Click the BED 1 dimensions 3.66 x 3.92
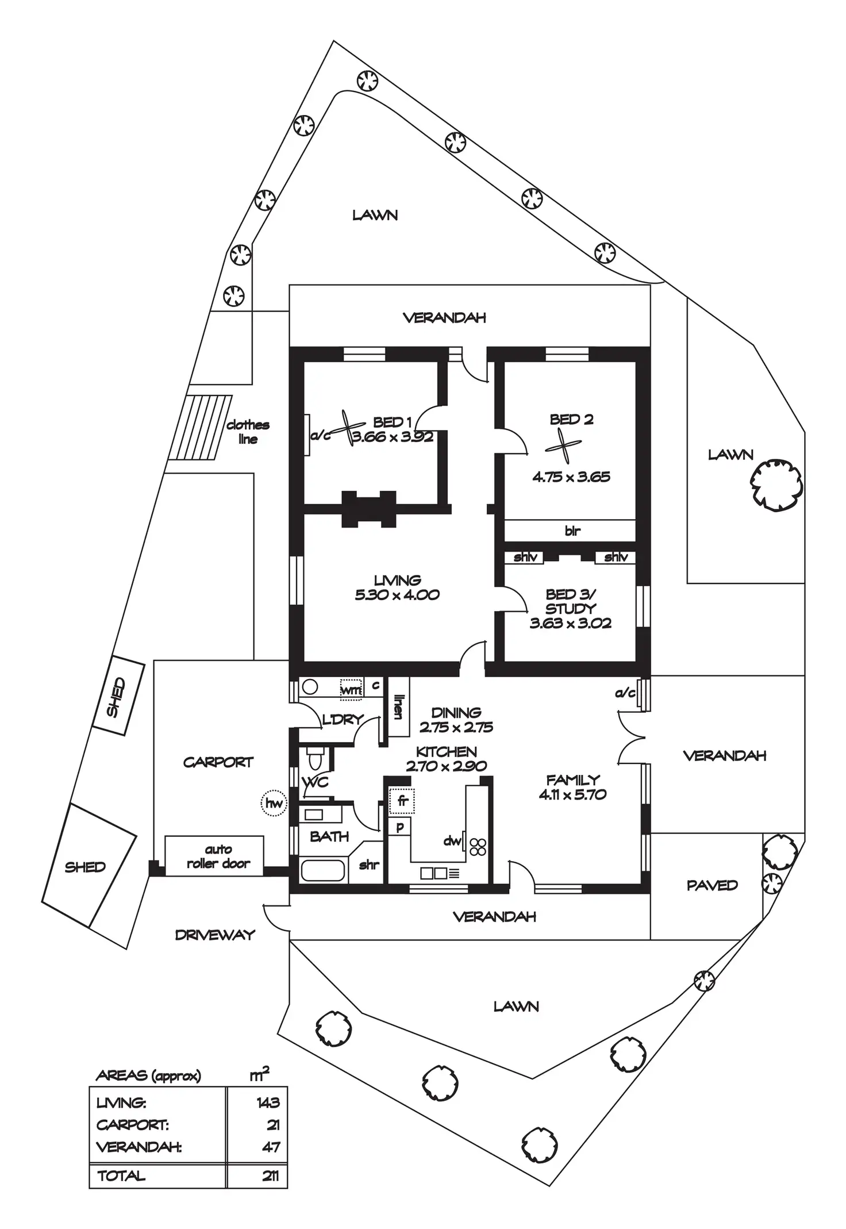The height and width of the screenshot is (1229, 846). (x=393, y=437)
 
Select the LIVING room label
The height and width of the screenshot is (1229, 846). (x=397, y=581)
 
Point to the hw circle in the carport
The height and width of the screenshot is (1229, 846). (x=274, y=803)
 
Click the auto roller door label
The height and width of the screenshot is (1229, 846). (x=218, y=857)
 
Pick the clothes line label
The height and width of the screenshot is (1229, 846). (x=248, y=432)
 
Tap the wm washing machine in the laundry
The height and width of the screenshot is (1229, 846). (x=351, y=689)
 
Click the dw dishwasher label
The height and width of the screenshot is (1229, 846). (x=452, y=841)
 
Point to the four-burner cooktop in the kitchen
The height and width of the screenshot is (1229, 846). (x=478, y=847)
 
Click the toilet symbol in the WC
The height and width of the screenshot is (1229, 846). (x=316, y=758)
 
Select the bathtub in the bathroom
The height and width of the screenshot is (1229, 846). (x=322, y=870)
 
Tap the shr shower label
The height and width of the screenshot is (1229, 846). (x=368, y=865)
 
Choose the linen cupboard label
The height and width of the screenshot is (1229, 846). (x=397, y=706)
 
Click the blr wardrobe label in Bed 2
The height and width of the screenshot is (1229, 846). (x=572, y=531)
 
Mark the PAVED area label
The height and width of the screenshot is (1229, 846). (x=712, y=885)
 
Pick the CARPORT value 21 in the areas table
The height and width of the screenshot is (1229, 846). (x=273, y=1125)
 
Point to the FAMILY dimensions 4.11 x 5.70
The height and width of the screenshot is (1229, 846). (x=572, y=794)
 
